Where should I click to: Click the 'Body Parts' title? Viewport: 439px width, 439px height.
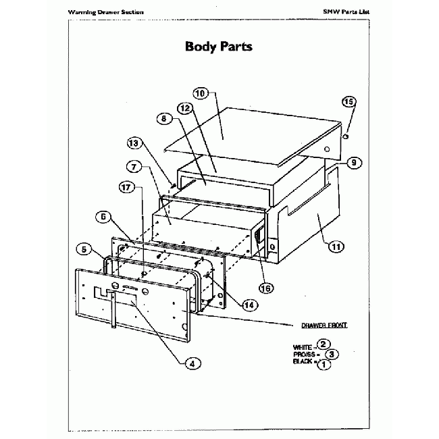219,47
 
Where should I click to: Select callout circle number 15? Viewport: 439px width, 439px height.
348,102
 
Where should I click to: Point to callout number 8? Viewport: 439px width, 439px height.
162,119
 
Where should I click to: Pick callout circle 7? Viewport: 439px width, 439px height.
132,165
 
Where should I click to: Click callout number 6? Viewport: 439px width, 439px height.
104,217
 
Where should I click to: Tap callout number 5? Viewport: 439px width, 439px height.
84,249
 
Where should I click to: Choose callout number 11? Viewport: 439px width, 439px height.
336,247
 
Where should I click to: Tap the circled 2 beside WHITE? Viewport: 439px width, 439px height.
324,344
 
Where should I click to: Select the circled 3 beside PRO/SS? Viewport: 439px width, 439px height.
332,354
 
